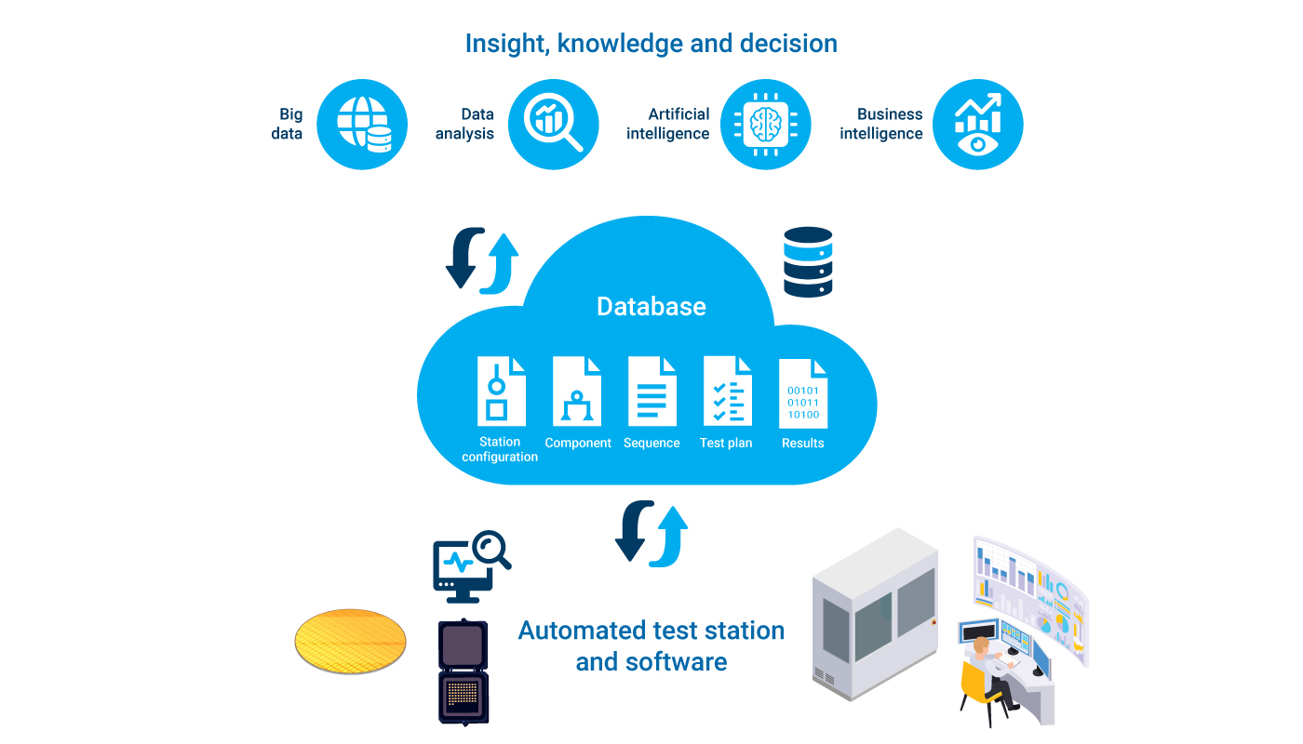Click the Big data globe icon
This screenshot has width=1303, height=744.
[x=362, y=125]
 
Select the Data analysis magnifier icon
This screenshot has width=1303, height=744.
[x=553, y=125]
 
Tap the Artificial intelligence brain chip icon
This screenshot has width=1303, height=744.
[x=766, y=125]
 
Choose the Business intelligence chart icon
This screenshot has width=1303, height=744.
[x=977, y=125]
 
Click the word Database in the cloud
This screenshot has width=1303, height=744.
[x=651, y=307]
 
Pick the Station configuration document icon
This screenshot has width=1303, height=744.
[x=501, y=391]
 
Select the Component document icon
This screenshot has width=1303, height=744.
[x=577, y=391]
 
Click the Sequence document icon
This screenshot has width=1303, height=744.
[x=651, y=391]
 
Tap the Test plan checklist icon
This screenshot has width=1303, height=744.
[x=727, y=391]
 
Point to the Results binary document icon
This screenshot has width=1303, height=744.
[x=802, y=392]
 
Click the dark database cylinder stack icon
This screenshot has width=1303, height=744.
[x=808, y=262]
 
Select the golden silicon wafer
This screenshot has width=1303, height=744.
[x=351, y=641]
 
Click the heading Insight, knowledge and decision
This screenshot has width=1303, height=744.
[x=651, y=44]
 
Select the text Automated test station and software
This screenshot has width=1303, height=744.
[x=651, y=645]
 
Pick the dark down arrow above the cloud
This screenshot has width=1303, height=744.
[x=463, y=258]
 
